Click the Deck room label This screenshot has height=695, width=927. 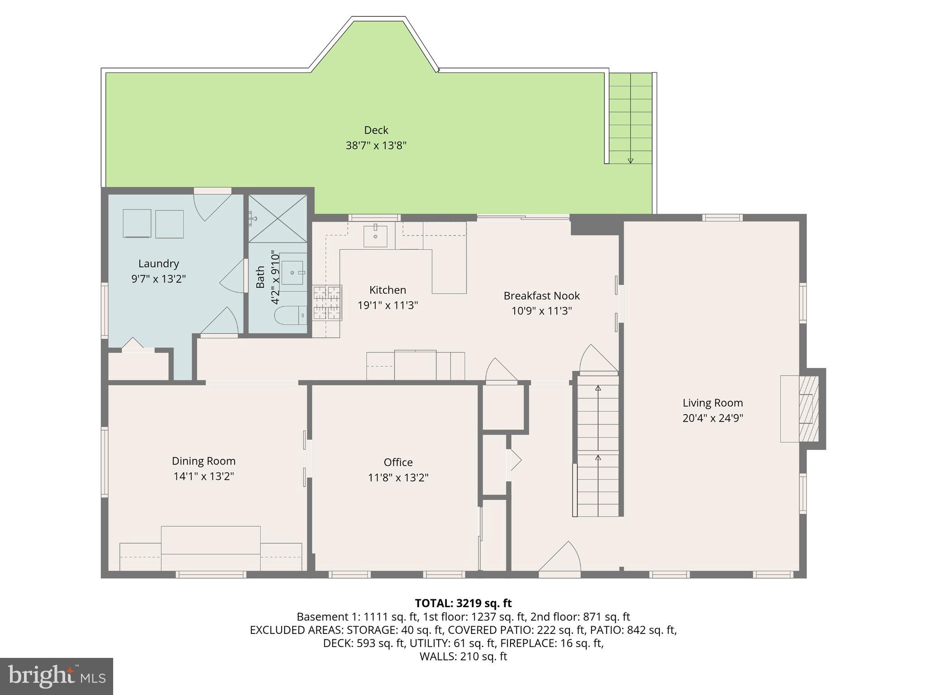tap(376, 130)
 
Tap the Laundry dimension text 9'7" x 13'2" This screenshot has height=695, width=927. tap(158, 279)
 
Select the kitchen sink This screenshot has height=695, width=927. tap(375, 236)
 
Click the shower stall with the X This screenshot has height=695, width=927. tap(278, 219)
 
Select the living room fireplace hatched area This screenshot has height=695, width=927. tap(808, 408)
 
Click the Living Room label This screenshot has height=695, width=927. tap(712, 403)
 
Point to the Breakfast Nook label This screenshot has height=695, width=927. tap(541, 296)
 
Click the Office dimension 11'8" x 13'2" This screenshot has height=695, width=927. tap(398, 478)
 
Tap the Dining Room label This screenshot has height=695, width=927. tap(204, 461)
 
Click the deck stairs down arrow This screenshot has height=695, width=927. tap(630, 160)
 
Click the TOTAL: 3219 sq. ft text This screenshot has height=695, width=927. tap(463, 603)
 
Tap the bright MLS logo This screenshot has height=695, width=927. tap(56, 676)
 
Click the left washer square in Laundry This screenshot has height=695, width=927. tap(137, 223)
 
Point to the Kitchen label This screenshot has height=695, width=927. tap(387, 290)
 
